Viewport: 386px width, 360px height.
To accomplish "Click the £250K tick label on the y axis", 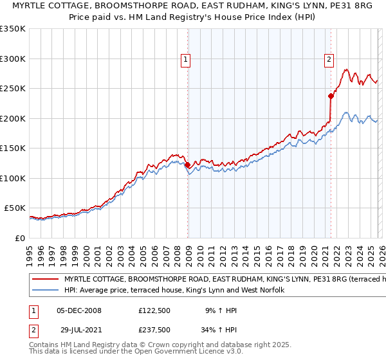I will (13, 89).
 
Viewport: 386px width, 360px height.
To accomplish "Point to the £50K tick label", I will (15, 208).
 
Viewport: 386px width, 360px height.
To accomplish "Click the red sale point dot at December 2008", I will (187, 165).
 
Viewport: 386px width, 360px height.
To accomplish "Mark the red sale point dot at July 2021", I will (331, 96).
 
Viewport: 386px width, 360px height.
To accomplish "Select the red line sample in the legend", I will (45, 280).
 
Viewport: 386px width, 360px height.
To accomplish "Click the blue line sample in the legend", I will (45, 291).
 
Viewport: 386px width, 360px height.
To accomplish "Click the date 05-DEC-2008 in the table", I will (79, 310).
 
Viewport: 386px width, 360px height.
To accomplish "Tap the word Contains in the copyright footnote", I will (45, 345).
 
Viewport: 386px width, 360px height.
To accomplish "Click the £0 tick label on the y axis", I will (19, 239).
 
